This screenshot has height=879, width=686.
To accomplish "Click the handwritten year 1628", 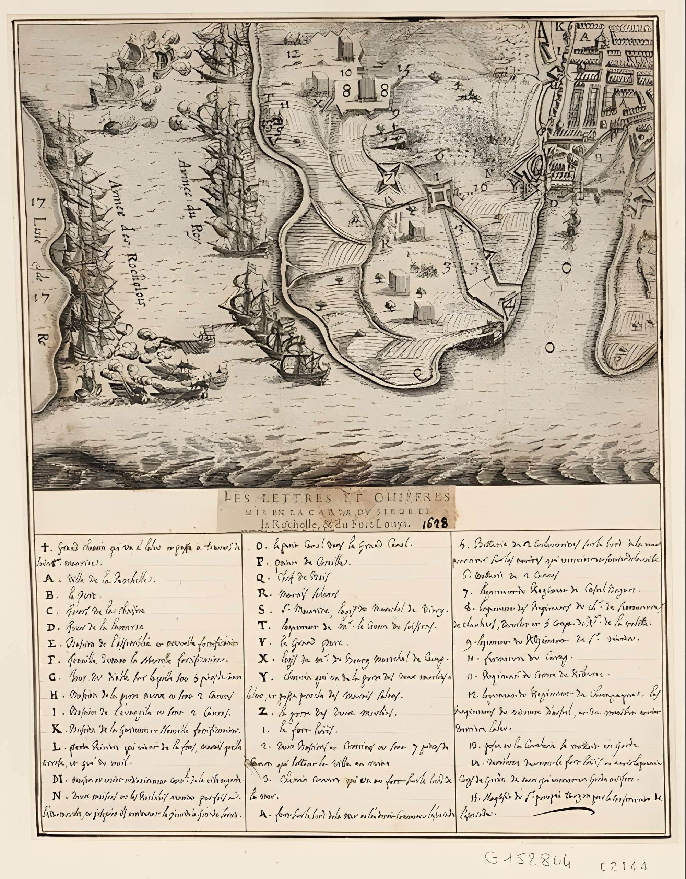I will point(436,523).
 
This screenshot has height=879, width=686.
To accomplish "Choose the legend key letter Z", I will point(262,712).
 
